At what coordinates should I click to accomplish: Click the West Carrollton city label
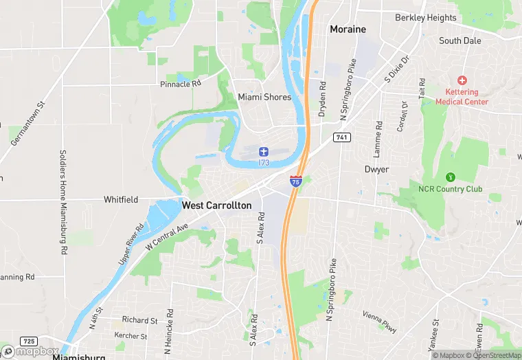click(x=216, y=205)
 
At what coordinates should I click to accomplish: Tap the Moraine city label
click(x=348, y=30)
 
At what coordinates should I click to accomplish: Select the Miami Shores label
click(x=264, y=97)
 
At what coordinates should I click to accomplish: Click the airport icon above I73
click(x=264, y=151)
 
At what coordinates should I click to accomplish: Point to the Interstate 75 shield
click(x=295, y=181)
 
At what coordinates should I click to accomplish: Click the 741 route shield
click(x=341, y=137)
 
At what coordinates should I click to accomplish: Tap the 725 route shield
click(x=29, y=341)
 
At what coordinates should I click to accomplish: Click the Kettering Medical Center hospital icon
click(x=462, y=81)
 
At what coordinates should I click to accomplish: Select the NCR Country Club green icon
click(x=451, y=177)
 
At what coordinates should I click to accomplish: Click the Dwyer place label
click(x=376, y=169)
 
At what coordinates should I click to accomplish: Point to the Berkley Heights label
click(x=425, y=18)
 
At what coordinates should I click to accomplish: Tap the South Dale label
click(x=459, y=41)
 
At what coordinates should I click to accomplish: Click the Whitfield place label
click(x=121, y=200)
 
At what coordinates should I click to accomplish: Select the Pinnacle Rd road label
click(x=180, y=84)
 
